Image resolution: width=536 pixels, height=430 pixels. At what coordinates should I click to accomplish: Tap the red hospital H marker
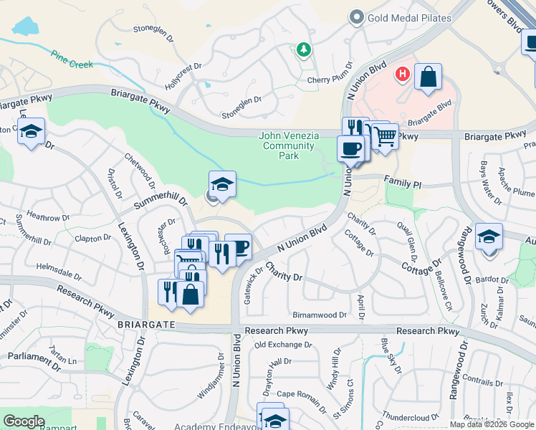point(403,73)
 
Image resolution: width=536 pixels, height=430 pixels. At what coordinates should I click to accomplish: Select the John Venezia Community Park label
point(287,145)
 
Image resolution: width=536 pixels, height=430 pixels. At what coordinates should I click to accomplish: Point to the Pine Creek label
point(72,59)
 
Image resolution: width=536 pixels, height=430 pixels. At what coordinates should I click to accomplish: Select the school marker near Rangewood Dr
point(489,236)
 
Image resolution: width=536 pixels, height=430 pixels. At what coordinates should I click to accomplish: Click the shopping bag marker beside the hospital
point(428,77)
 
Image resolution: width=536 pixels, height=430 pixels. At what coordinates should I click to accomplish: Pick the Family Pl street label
point(402,183)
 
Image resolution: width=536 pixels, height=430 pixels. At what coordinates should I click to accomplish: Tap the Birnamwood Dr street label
point(320,315)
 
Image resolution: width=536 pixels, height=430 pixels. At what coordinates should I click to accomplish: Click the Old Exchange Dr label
point(283,345)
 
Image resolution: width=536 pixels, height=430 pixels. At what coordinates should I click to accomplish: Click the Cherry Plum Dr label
point(330,80)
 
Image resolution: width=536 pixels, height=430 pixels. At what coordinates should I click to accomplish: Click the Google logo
point(24,421)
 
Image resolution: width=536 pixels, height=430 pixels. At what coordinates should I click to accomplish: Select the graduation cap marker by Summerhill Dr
point(222,185)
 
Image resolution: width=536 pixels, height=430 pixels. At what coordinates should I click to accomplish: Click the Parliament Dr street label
point(36,355)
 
